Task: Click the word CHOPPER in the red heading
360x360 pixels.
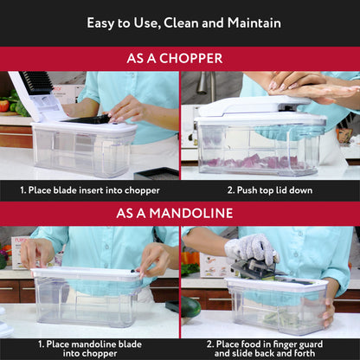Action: pos(193,59)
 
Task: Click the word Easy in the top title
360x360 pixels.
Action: pos(102,22)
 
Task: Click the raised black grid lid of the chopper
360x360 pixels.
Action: pos(37,82)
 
